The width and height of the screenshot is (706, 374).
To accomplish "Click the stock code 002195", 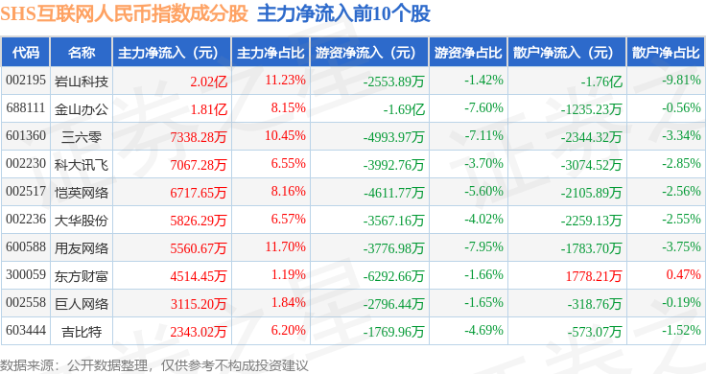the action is (x=26, y=81).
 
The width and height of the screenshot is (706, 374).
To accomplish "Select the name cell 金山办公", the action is (x=82, y=109).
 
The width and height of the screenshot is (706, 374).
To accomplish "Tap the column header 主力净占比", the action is (x=271, y=53).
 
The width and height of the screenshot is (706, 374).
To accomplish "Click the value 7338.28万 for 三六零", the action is (x=199, y=137).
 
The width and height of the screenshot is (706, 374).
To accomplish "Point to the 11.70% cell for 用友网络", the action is (x=286, y=246).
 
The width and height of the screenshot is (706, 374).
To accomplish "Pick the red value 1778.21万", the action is (x=594, y=276).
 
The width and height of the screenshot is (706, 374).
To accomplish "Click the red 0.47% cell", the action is (x=684, y=274).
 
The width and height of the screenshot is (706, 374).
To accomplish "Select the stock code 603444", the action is (x=26, y=330).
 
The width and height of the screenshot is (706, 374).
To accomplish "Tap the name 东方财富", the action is (x=82, y=276).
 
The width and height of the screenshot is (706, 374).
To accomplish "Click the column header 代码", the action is (x=26, y=53).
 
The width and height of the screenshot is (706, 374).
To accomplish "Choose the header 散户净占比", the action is (x=666, y=53).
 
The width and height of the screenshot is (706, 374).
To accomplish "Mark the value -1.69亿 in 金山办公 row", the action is (x=404, y=109).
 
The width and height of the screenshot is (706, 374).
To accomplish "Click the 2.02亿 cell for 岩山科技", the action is (x=208, y=82).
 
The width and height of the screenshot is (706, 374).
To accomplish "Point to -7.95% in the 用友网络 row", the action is (x=483, y=246).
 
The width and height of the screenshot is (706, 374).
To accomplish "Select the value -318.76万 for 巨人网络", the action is (x=595, y=304).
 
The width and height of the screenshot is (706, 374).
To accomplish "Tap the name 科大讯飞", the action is (x=82, y=165).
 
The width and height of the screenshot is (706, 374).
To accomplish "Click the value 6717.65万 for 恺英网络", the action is (x=199, y=193).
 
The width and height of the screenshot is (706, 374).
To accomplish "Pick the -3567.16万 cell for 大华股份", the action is (x=393, y=221).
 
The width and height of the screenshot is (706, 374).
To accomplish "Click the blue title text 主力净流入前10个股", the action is (x=343, y=13).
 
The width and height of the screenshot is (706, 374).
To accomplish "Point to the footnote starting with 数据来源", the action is (x=154, y=365).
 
